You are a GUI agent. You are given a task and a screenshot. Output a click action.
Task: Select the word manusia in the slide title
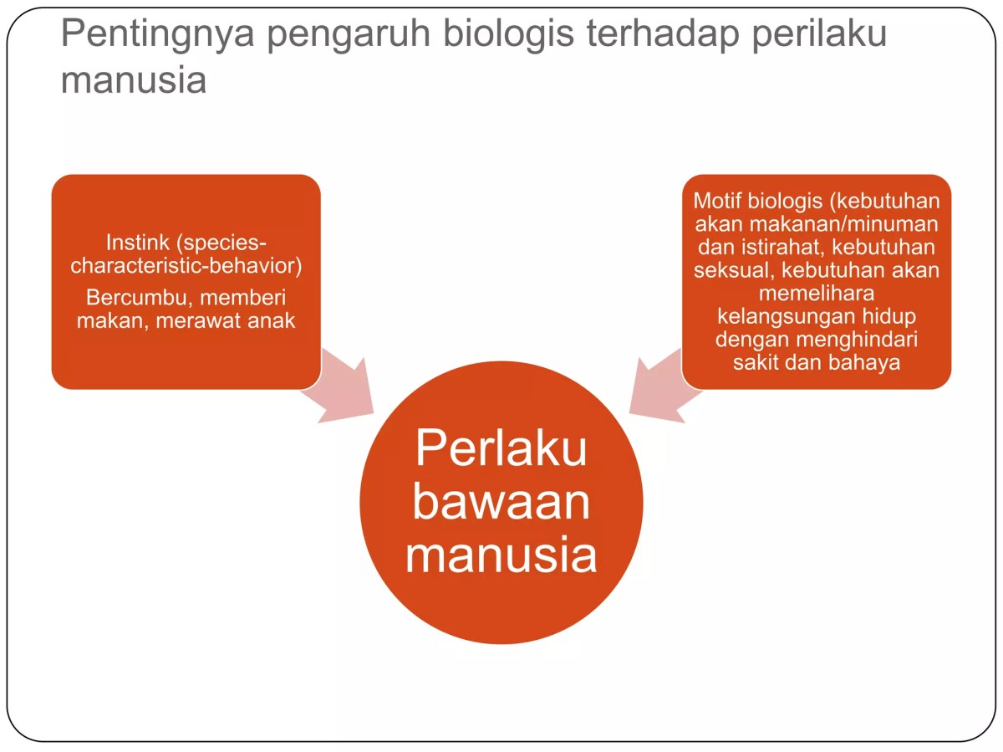[134, 80]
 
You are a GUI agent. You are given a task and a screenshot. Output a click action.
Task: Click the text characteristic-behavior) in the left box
[186, 266]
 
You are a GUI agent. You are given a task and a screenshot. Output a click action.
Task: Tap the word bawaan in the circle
[501, 502]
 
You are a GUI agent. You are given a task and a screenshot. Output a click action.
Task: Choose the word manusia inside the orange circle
[501, 556]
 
